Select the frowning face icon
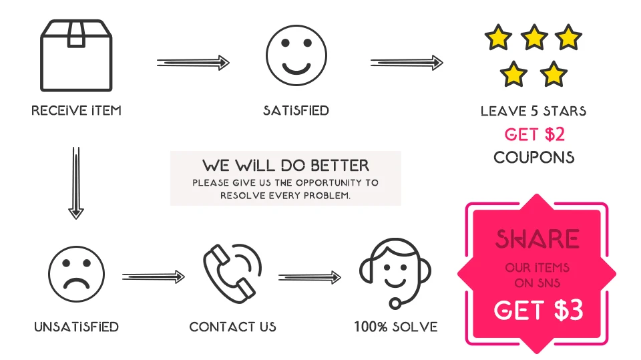(76, 274)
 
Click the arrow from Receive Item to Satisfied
(193, 63)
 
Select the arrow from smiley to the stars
(407, 63)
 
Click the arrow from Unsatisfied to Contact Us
(153, 277)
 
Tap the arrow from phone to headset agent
(309, 277)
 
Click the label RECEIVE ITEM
(76, 110)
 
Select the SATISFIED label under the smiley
(296, 110)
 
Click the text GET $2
(534, 134)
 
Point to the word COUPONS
(533, 158)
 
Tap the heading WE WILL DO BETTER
(286, 164)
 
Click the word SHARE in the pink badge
(537, 239)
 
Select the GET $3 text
(538, 310)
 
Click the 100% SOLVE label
(396, 327)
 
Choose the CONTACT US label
(232, 327)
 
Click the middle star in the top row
(534, 37)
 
